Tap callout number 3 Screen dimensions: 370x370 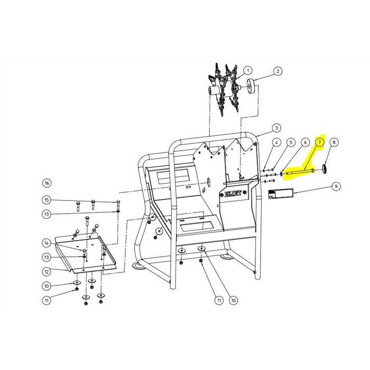276,128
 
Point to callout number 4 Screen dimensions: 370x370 276,142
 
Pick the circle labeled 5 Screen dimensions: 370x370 291,142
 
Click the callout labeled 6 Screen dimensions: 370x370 305,142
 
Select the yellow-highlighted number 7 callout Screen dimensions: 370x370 320,142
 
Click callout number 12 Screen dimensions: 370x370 47,272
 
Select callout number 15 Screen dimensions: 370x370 47,200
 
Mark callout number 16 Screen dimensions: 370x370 47,183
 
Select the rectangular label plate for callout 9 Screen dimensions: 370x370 280,193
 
